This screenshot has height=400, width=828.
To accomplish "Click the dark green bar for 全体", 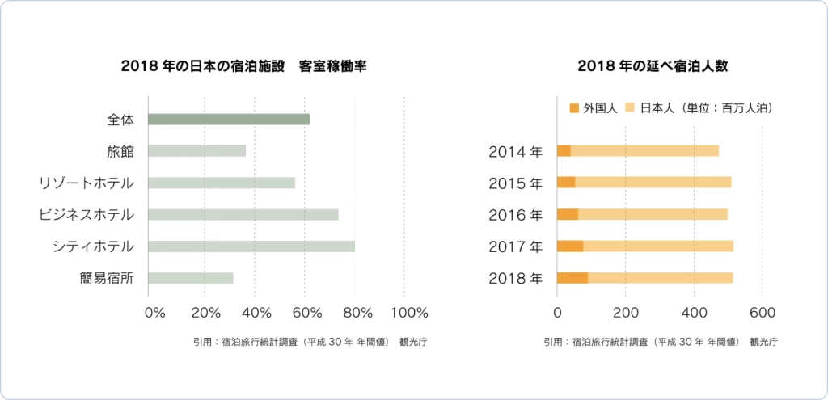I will point(229,120).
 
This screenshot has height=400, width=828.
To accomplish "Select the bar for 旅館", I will point(196,151).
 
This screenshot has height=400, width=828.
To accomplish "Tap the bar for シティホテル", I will point(251,246).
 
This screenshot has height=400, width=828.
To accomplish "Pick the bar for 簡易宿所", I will point(191,278).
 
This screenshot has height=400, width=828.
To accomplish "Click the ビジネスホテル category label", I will point(87,215).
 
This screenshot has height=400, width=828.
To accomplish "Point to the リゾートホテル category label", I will point(87,183).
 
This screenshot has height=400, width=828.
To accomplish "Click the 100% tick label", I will point(409,313).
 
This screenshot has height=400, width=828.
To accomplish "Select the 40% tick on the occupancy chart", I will point(256,313).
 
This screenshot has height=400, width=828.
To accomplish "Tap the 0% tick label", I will point(154,313).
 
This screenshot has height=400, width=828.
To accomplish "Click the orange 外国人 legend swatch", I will point(575,107).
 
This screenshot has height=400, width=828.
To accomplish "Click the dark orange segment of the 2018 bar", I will point(572,278).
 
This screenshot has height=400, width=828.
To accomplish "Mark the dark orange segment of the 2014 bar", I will point(564,151).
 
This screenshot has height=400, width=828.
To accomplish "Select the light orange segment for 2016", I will point(653,215).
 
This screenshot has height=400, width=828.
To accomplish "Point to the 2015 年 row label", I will point(516,183).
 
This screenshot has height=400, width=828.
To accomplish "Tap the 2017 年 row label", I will point(516,246).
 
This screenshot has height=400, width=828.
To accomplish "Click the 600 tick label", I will point(763,313).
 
